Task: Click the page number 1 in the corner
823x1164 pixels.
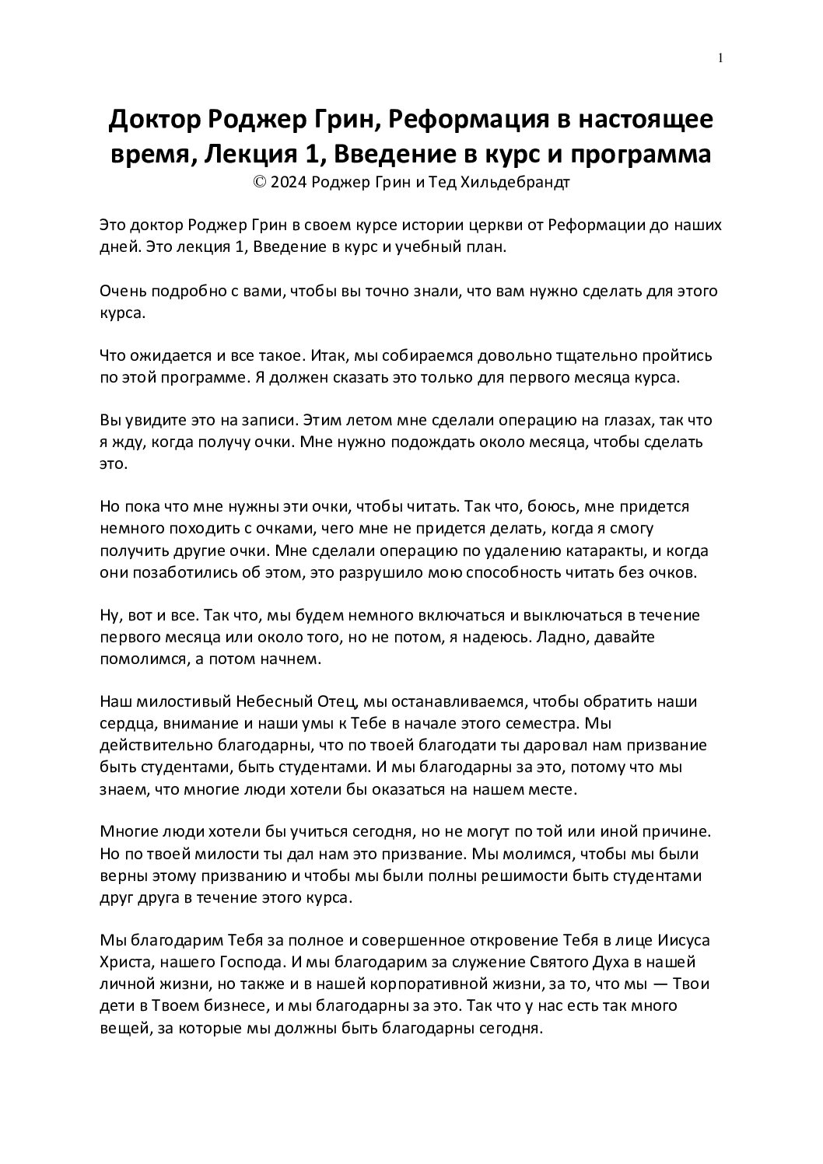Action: [721, 58]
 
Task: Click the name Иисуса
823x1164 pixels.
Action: [685, 939]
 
